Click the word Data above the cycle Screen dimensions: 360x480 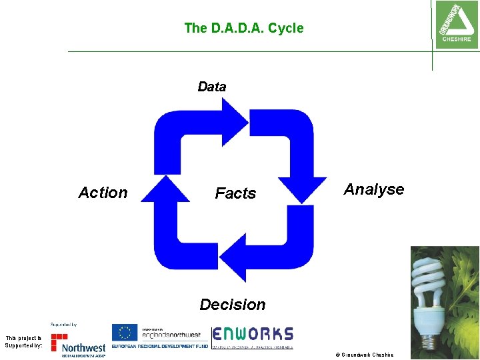(x=212, y=87)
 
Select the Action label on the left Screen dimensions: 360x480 (x=103, y=193)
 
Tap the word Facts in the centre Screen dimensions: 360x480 (x=235, y=193)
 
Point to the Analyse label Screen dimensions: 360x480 (x=374, y=189)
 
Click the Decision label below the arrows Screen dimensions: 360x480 (x=233, y=305)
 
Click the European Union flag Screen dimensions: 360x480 (x=125, y=332)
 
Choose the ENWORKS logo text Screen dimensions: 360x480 (x=253, y=333)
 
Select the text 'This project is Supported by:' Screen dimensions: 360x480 (x=23, y=341)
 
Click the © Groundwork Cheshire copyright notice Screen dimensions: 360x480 (x=367, y=355)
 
